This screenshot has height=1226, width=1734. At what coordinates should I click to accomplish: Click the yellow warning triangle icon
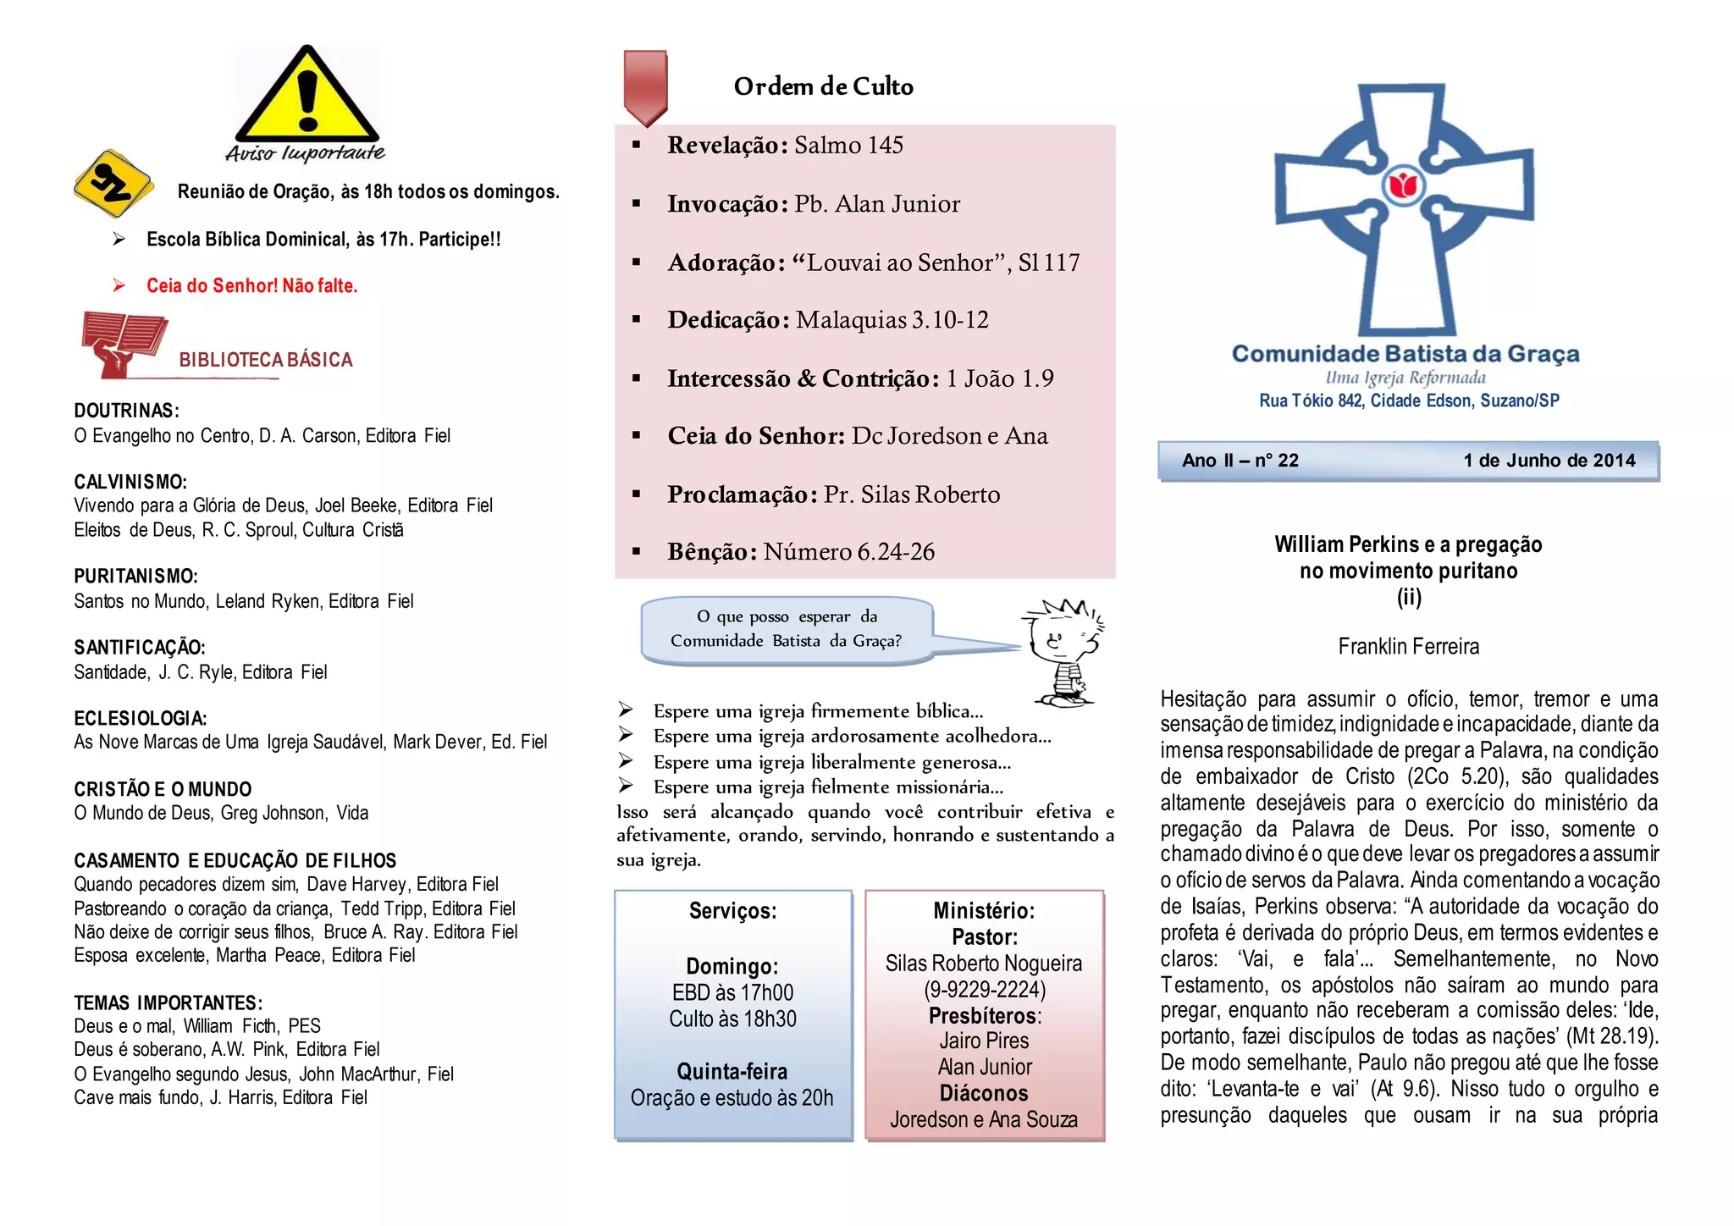306,97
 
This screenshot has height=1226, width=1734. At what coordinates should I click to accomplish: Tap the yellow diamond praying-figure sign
113,183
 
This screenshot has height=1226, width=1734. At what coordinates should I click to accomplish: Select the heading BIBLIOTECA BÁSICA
265,360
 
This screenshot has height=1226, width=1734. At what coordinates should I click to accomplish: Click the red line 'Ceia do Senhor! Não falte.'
251,286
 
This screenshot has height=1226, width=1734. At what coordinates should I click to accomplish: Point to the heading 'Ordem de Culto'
823,86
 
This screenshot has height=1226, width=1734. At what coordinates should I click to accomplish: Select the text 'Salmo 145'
848,146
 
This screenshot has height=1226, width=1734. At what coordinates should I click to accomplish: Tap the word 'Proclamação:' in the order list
742,494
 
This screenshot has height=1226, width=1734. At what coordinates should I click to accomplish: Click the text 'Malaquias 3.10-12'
892,320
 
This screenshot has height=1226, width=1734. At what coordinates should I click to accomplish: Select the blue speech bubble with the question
787,629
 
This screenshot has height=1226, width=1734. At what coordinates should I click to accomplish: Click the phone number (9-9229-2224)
984,990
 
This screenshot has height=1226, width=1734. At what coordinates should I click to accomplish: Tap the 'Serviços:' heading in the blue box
732,911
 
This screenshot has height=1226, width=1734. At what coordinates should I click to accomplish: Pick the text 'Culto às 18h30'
732,1019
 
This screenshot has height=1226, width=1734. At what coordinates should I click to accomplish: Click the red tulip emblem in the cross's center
1404,185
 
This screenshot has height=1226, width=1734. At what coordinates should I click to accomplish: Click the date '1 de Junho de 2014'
1549,461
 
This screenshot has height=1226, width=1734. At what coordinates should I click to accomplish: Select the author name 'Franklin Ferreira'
1408,647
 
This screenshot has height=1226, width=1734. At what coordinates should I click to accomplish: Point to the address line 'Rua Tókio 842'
1311,400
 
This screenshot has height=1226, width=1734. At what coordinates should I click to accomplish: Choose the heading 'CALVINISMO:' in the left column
130,482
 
